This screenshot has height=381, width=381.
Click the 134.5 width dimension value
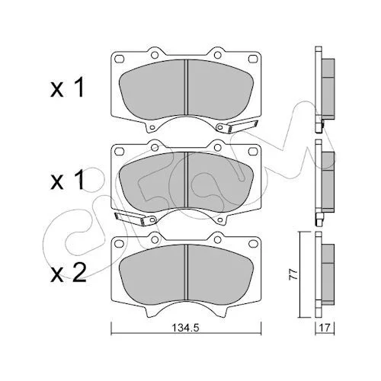(186, 328)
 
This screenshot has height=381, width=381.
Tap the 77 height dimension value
(293, 274)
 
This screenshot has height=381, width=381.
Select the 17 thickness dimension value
(325, 328)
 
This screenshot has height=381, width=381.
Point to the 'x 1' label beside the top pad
(67, 88)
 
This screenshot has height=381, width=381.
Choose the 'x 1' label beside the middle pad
(67, 180)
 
